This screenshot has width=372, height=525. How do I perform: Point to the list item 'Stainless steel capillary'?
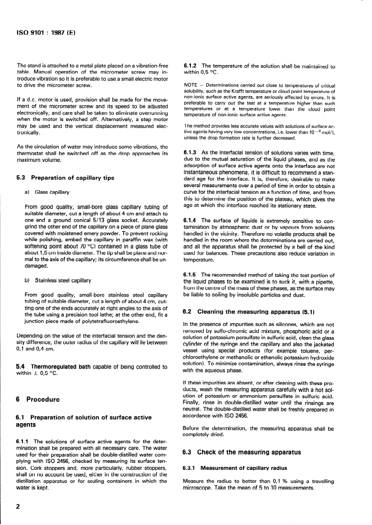click(x=63, y=280)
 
